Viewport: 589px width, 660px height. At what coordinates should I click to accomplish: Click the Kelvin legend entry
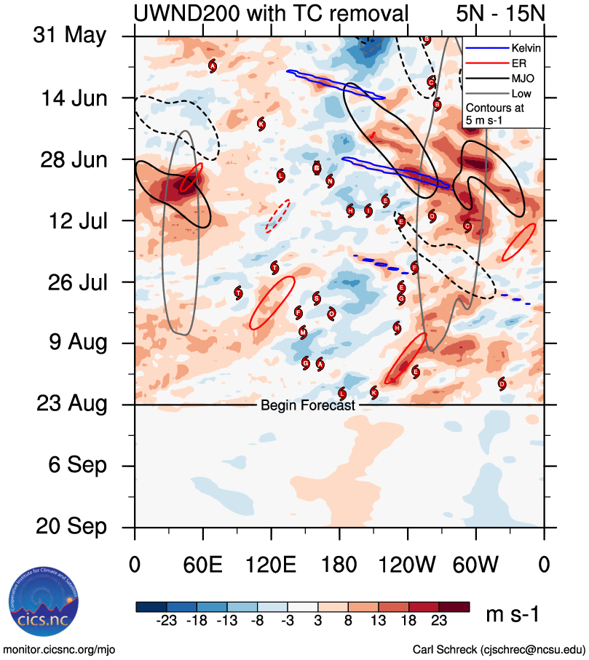coord(523,48)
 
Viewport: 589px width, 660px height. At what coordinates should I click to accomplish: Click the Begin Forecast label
coord(307,405)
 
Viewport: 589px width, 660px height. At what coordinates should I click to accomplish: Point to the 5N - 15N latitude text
coord(499,12)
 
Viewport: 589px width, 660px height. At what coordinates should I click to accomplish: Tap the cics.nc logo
coord(41,603)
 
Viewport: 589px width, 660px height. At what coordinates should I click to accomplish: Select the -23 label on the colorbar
coord(167,620)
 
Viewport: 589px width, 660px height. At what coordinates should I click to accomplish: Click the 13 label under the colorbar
coord(379,620)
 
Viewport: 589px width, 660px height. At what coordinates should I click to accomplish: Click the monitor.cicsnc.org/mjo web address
coord(60,649)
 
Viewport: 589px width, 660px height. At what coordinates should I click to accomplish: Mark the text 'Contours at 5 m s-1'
coord(496,113)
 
